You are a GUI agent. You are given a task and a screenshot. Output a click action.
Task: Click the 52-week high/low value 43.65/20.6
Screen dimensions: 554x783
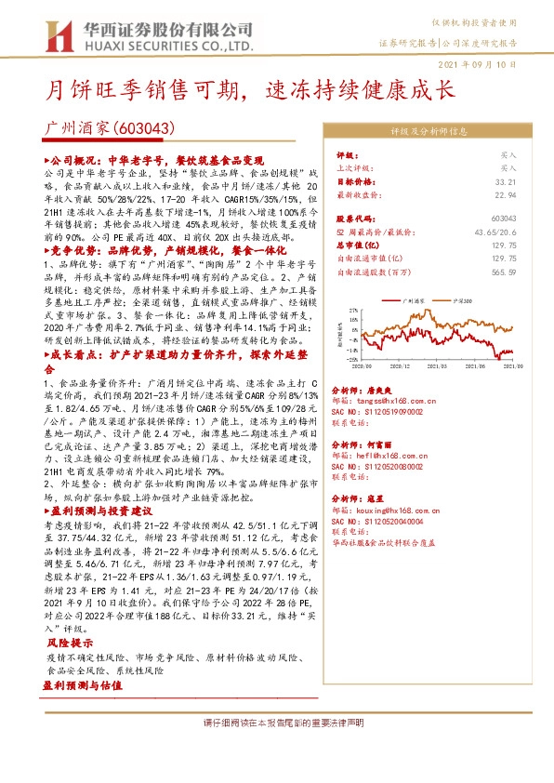click(495, 230)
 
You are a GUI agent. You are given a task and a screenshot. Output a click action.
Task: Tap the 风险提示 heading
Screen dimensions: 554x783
click(69, 644)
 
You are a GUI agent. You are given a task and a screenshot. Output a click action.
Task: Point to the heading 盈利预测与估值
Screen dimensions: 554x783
click(82, 683)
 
